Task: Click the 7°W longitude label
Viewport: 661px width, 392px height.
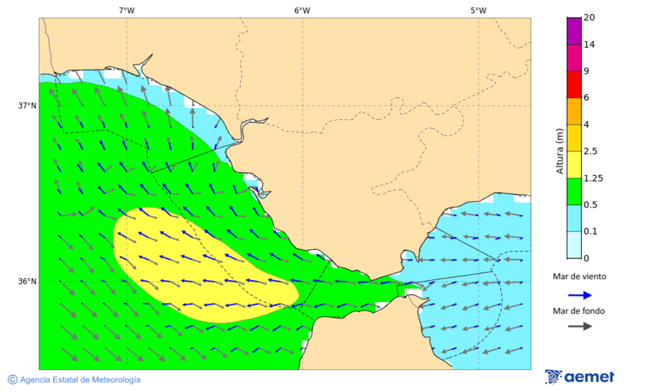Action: point(126,10)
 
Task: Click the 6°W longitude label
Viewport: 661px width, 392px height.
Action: point(302,10)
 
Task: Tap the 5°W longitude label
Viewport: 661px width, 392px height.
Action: point(478,10)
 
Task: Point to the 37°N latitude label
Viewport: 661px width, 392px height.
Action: point(27,105)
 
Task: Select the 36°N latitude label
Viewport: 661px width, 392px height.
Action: point(27,282)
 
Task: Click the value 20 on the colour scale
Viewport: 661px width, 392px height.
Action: point(589,18)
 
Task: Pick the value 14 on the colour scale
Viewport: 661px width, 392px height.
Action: point(589,45)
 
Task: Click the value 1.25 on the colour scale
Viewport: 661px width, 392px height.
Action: point(593,178)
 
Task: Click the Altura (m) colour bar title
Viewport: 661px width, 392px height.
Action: point(560,152)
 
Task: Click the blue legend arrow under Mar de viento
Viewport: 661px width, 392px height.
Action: point(580,295)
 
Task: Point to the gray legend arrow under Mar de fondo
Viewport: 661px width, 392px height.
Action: point(580,326)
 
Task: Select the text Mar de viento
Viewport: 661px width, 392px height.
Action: point(579,277)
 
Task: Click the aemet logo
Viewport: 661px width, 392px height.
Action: point(580,377)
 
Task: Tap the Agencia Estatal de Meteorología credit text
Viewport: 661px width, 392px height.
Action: point(80,379)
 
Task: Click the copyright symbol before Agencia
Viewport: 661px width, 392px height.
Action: point(12,379)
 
